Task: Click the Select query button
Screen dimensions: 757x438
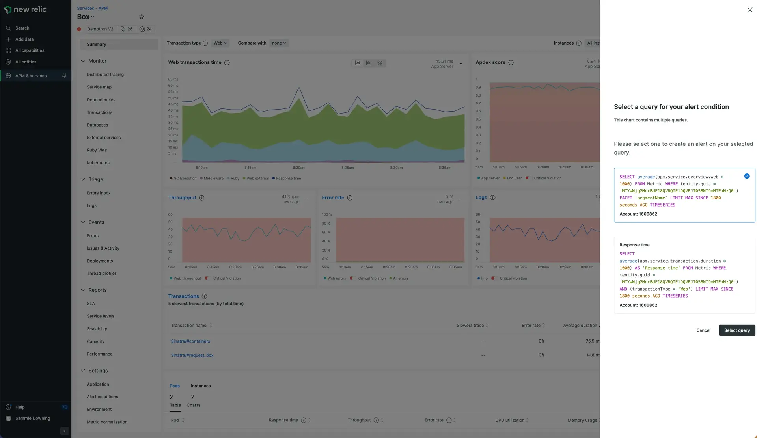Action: pos(736,330)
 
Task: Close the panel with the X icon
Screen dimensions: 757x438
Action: pos(750,10)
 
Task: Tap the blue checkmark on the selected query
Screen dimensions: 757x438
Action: pos(746,176)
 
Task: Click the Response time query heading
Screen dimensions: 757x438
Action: pos(634,245)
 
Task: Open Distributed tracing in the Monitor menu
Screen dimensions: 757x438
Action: pos(105,75)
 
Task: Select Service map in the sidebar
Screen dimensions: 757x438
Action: pos(99,87)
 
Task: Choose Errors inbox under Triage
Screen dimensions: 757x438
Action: pos(99,193)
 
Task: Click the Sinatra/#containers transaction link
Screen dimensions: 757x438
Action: pos(190,341)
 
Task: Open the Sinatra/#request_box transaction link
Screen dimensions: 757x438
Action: pos(192,355)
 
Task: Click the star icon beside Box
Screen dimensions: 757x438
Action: pos(142,17)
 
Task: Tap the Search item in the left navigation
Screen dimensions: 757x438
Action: pos(22,28)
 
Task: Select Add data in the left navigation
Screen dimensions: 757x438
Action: pos(24,39)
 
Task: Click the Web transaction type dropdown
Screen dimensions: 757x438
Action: pos(220,43)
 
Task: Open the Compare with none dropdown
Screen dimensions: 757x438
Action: pos(279,43)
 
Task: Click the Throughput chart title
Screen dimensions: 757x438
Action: pos(182,198)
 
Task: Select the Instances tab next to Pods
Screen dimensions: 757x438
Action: pos(201,386)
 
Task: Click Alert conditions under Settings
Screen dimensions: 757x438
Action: pos(102,397)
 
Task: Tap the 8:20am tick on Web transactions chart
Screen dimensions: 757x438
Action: pos(299,168)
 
